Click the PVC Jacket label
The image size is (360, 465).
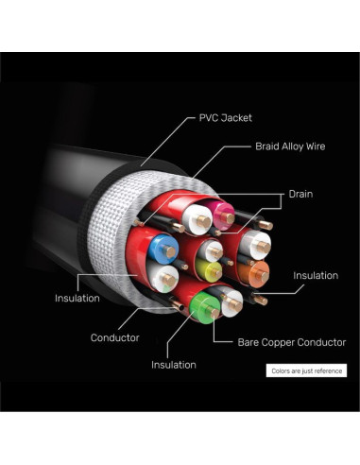226,118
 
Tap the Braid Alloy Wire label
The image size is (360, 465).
290,146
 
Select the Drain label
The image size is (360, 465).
300,194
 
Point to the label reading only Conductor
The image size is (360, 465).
115,337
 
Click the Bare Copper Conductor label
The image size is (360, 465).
292,342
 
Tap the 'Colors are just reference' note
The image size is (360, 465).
306,370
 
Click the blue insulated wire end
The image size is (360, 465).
163,250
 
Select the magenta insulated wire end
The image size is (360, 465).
224,215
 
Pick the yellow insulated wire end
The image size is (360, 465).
209,271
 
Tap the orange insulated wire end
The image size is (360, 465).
254,273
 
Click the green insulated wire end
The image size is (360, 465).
205,308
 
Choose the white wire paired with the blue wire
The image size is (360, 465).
163,277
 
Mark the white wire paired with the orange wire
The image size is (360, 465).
255,245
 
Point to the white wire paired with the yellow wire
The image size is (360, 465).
212,250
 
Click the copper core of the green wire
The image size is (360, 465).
214,314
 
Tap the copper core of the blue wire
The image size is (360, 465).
170,251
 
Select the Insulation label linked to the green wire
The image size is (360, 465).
174,365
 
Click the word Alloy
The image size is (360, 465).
291,146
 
